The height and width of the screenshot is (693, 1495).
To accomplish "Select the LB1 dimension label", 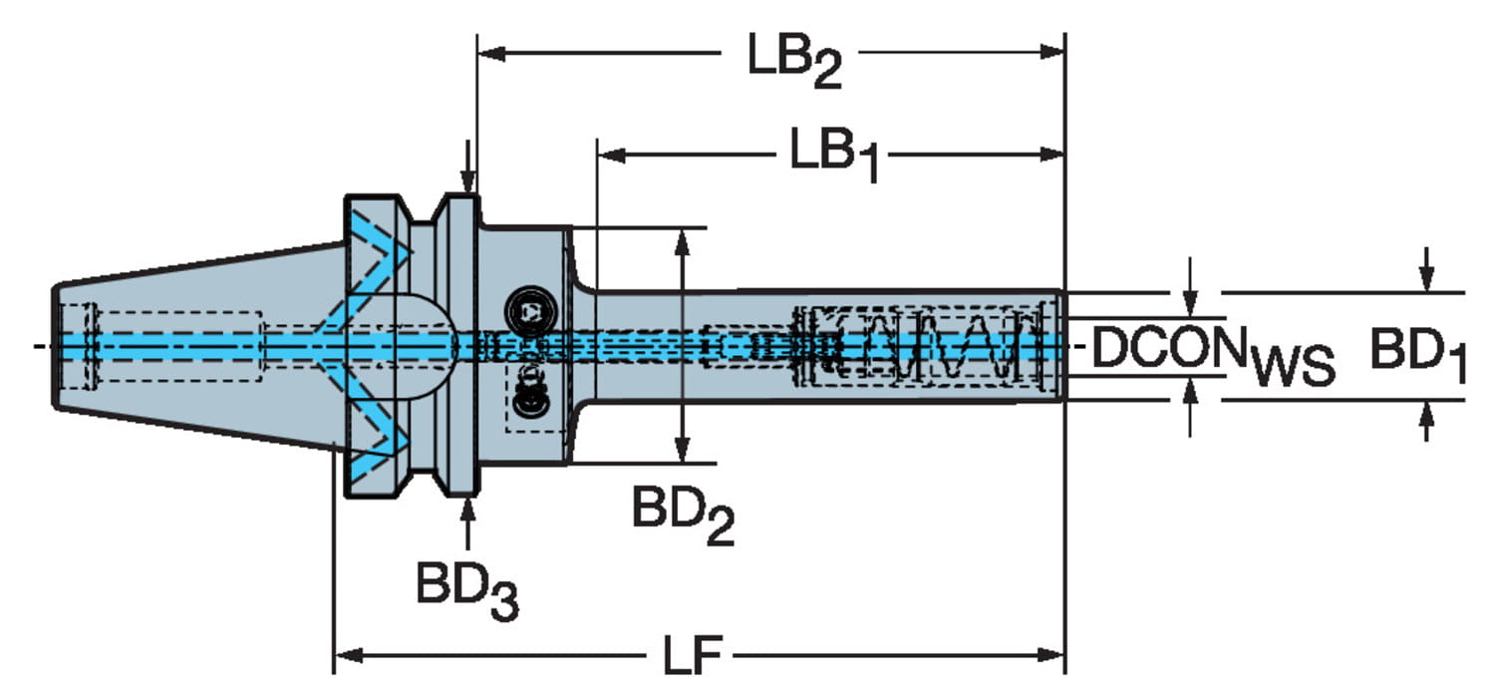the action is (x=834, y=155).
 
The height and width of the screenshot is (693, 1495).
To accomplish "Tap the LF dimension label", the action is (x=692, y=655).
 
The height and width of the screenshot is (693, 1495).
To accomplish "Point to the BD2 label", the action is (x=683, y=517).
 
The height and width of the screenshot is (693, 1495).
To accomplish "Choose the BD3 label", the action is (x=467, y=591).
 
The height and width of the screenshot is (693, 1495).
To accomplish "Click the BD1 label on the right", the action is (x=1417, y=356).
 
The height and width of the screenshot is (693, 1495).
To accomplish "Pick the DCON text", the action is (x=1169, y=347).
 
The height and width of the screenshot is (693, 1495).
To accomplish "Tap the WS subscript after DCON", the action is (x=1292, y=367).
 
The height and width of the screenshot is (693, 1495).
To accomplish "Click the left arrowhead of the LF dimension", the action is (x=348, y=655).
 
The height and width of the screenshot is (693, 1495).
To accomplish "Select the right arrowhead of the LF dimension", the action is (x=1050, y=655).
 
